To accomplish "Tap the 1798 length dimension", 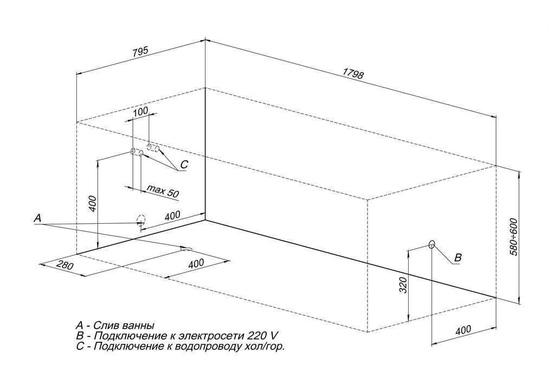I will point(353,74).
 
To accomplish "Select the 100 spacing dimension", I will point(140,112).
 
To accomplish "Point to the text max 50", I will point(163,191).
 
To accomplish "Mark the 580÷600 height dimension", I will point(513,236).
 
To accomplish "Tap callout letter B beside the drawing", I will point(457,258).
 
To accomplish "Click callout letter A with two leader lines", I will point(37,218).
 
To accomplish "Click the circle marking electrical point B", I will point(431,244).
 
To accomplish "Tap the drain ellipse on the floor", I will point(186,249).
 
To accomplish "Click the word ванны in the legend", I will point(139,326).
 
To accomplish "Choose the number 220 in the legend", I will point(257,336).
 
